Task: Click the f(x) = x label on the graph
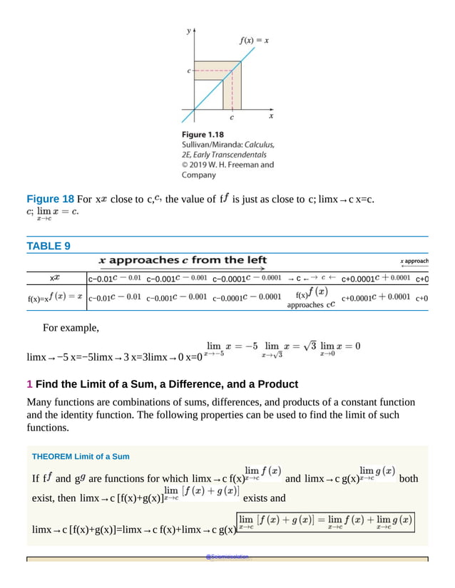(x=253, y=41)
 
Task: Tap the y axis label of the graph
(x=188, y=31)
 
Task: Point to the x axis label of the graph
(x=271, y=115)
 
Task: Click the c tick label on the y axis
(x=188, y=71)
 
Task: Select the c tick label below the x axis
(x=231, y=118)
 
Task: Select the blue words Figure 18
(x=50, y=199)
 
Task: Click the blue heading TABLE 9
(x=48, y=247)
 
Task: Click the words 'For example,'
(x=71, y=328)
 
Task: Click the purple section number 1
(x=29, y=384)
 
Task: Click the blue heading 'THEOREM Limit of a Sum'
(x=81, y=456)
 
